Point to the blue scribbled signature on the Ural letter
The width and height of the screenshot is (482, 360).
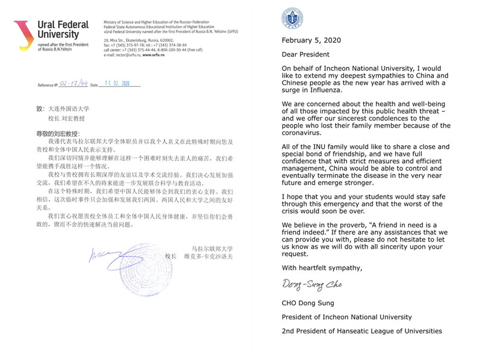coord(120,258)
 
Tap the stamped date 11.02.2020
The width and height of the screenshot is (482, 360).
coord(117,84)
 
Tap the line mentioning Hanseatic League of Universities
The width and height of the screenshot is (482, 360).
coord(361,331)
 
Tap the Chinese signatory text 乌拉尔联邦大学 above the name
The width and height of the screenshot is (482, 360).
coord(211,249)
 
